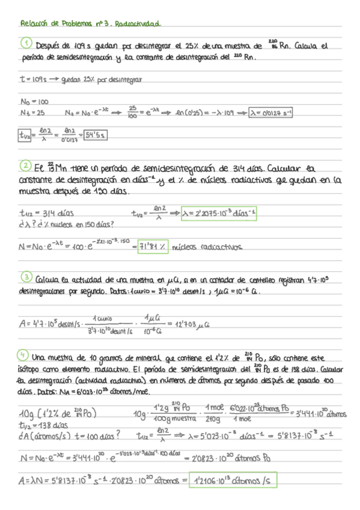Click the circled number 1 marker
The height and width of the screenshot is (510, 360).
click(x=26, y=44)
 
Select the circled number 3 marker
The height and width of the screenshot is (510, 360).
click(x=26, y=278)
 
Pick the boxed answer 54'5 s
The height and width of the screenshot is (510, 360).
click(x=96, y=135)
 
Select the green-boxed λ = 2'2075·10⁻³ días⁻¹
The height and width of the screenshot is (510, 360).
click(x=219, y=212)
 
